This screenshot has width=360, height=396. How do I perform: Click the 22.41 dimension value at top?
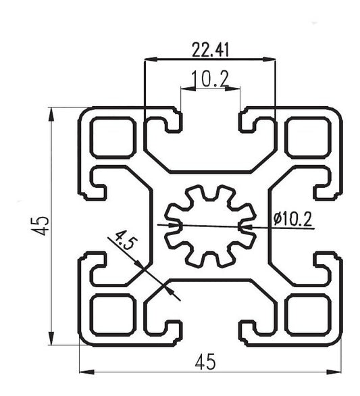click(209, 49)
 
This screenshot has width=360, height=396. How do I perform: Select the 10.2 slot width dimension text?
click(209, 80)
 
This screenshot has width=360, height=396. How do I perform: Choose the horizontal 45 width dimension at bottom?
click(209, 362)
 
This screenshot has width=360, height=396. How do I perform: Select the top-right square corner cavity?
click(306, 137)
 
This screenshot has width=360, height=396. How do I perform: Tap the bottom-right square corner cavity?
click(306, 315)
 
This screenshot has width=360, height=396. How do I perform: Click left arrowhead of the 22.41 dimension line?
click(149, 60)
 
